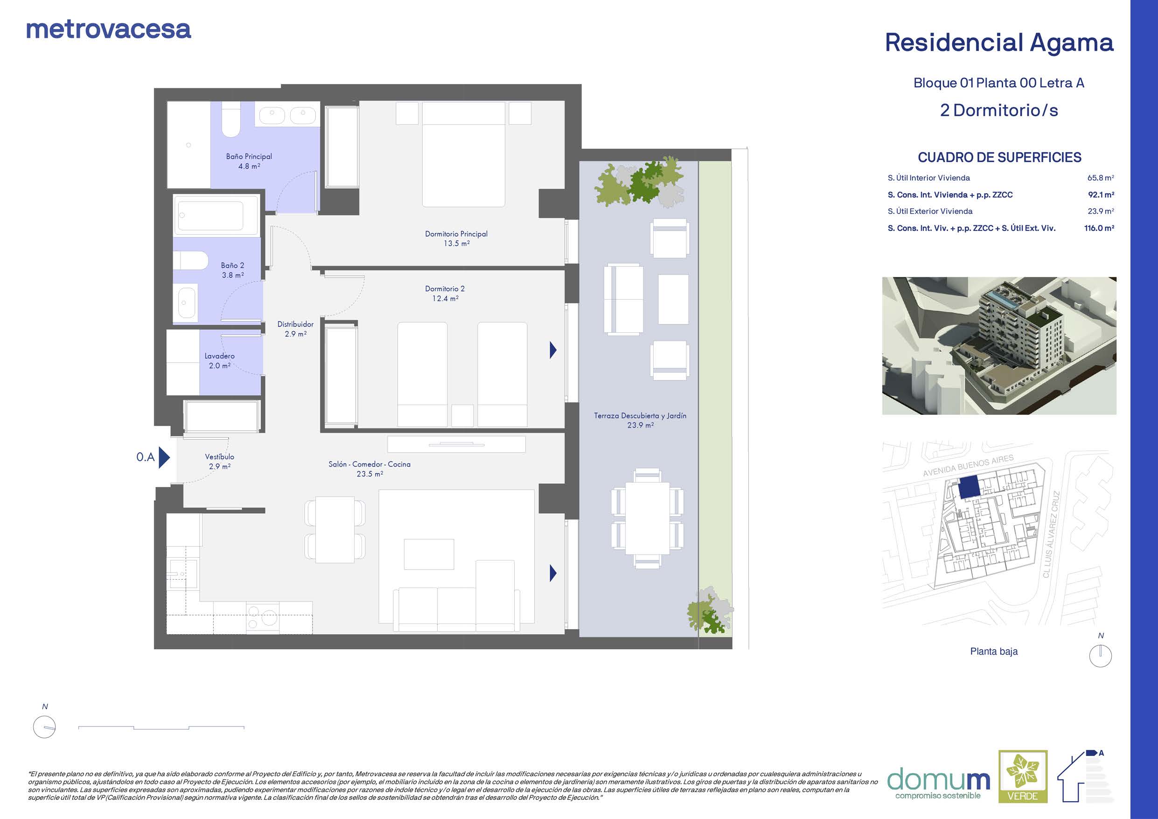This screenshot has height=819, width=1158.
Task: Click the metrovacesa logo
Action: tap(108, 30)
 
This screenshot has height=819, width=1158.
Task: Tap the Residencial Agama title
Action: tap(999, 43)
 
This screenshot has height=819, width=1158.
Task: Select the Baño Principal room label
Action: tap(249, 156)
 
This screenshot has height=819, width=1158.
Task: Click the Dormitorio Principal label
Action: tap(456, 234)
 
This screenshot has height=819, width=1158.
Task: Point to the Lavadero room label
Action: tap(219, 356)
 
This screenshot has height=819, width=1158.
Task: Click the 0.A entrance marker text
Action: tap(145, 457)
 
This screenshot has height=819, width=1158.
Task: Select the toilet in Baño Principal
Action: tap(231, 119)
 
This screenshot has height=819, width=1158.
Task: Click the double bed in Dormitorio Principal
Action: tap(463, 154)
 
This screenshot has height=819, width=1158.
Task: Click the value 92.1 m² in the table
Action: tap(1101, 195)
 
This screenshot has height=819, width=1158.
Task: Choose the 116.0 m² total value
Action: tap(1099, 228)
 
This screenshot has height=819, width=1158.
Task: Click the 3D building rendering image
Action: tap(999, 346)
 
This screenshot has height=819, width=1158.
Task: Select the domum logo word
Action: tap(939, 780)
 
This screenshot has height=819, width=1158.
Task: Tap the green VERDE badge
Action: tap(1023, 777)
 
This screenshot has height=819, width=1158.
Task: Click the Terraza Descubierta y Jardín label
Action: tap(640, 416)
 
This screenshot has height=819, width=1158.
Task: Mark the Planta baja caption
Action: tap(994, 651)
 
